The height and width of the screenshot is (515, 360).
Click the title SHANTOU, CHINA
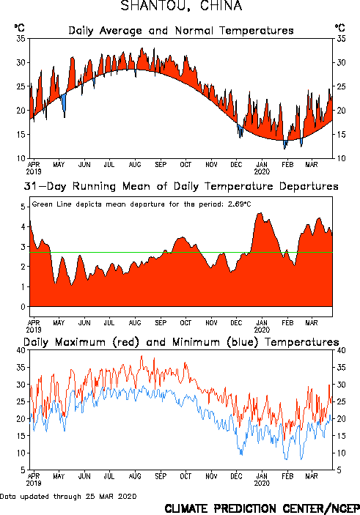point(181,6)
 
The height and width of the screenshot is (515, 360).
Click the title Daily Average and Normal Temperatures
point(181,31)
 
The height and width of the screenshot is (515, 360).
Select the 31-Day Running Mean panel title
point(181,186)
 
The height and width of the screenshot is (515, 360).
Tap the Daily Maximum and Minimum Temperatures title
point(181,342)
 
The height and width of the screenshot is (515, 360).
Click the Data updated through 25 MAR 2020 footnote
point(68,496)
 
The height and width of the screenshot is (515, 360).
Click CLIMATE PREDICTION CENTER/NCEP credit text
point(262,508)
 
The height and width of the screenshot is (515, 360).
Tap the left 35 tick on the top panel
point(21,39)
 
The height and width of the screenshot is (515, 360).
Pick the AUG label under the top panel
point(135,165)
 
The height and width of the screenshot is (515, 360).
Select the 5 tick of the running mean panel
point(23,207)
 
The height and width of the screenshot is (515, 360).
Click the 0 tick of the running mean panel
point(23,307)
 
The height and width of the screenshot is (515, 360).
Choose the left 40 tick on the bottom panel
point(21,350)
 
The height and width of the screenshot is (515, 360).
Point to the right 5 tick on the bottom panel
point(339,470)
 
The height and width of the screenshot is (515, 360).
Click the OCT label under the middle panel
point(185,323)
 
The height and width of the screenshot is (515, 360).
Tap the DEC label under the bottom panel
point(236,476)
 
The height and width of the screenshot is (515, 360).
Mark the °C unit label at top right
point(339,28)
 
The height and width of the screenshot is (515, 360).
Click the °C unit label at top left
point(19,28)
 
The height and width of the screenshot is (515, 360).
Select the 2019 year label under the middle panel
point(34,330)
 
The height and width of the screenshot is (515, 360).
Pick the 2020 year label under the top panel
point(262,171)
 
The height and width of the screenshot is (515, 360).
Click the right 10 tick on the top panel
point(341,158)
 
